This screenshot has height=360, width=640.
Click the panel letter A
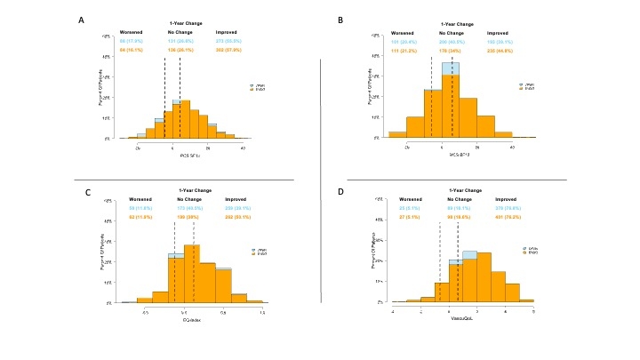tap(83, 20)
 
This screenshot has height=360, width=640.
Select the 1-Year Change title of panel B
tap(455, 24)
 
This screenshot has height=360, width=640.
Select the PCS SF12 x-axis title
tap(190, 156)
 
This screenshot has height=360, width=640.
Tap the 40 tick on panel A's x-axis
tap(244, 148)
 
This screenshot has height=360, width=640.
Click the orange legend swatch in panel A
tap(252, 89)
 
